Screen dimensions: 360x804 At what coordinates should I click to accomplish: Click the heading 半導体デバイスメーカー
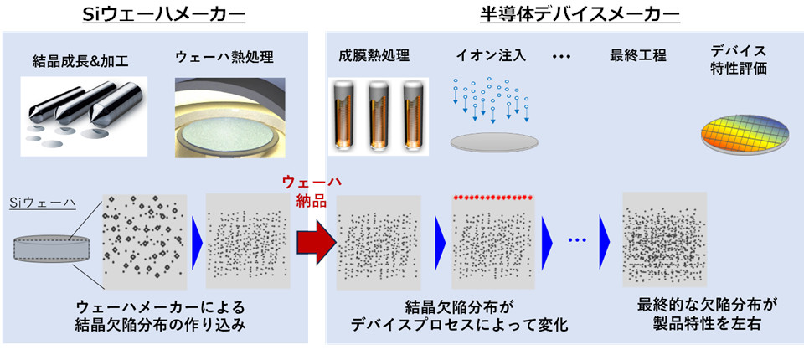pos(564,14)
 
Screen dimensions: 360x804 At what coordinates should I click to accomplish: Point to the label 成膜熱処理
pos(374,57)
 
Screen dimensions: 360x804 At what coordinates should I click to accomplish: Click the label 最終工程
pos(638,57)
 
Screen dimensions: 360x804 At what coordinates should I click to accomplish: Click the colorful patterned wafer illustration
pos(745,133)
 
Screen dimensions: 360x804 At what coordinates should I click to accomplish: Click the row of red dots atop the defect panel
pos(493,198)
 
